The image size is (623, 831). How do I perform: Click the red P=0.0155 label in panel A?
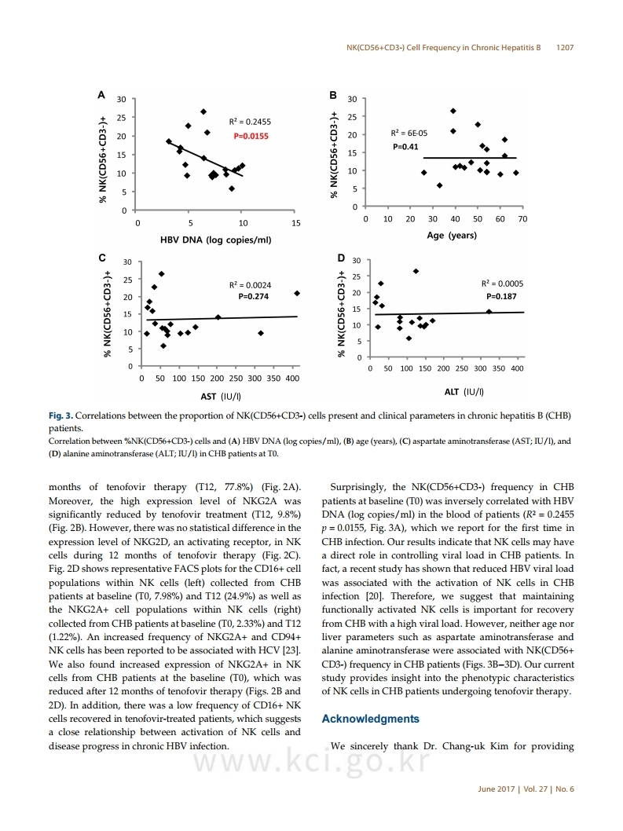click(x=251, y=136)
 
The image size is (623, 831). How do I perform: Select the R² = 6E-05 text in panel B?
click(x=409, y=133)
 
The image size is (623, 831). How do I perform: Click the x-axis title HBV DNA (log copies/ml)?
click(x=216, y=240)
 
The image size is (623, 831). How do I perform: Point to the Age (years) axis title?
click(x=452, y=236)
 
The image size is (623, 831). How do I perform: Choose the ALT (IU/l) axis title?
click(x=464, y=392)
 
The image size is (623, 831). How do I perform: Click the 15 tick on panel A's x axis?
click(x=296, y=223)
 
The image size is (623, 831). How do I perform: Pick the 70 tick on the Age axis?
click(x=522, y=219)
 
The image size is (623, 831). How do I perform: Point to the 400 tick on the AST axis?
click(x=292, y=379)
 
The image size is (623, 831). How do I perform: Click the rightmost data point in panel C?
click(x=297, y=293)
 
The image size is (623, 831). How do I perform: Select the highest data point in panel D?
click(x=416, y=271)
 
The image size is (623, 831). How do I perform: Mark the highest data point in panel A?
click(x=203, y=112)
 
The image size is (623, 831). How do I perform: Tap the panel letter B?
click(x=333, y=95)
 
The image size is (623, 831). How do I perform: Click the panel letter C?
click(x=102, y=258)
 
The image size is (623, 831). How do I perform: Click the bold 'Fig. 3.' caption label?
click(x=60, y=415)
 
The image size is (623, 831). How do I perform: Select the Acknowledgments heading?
click(x=371, y=719)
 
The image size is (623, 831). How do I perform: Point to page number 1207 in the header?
click(x=565, y=48)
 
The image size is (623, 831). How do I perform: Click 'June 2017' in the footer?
click(x=497, y=789)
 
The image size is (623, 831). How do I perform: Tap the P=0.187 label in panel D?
click(x=501, y=296)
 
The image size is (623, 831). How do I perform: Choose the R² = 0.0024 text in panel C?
click(x=251, y=285)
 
